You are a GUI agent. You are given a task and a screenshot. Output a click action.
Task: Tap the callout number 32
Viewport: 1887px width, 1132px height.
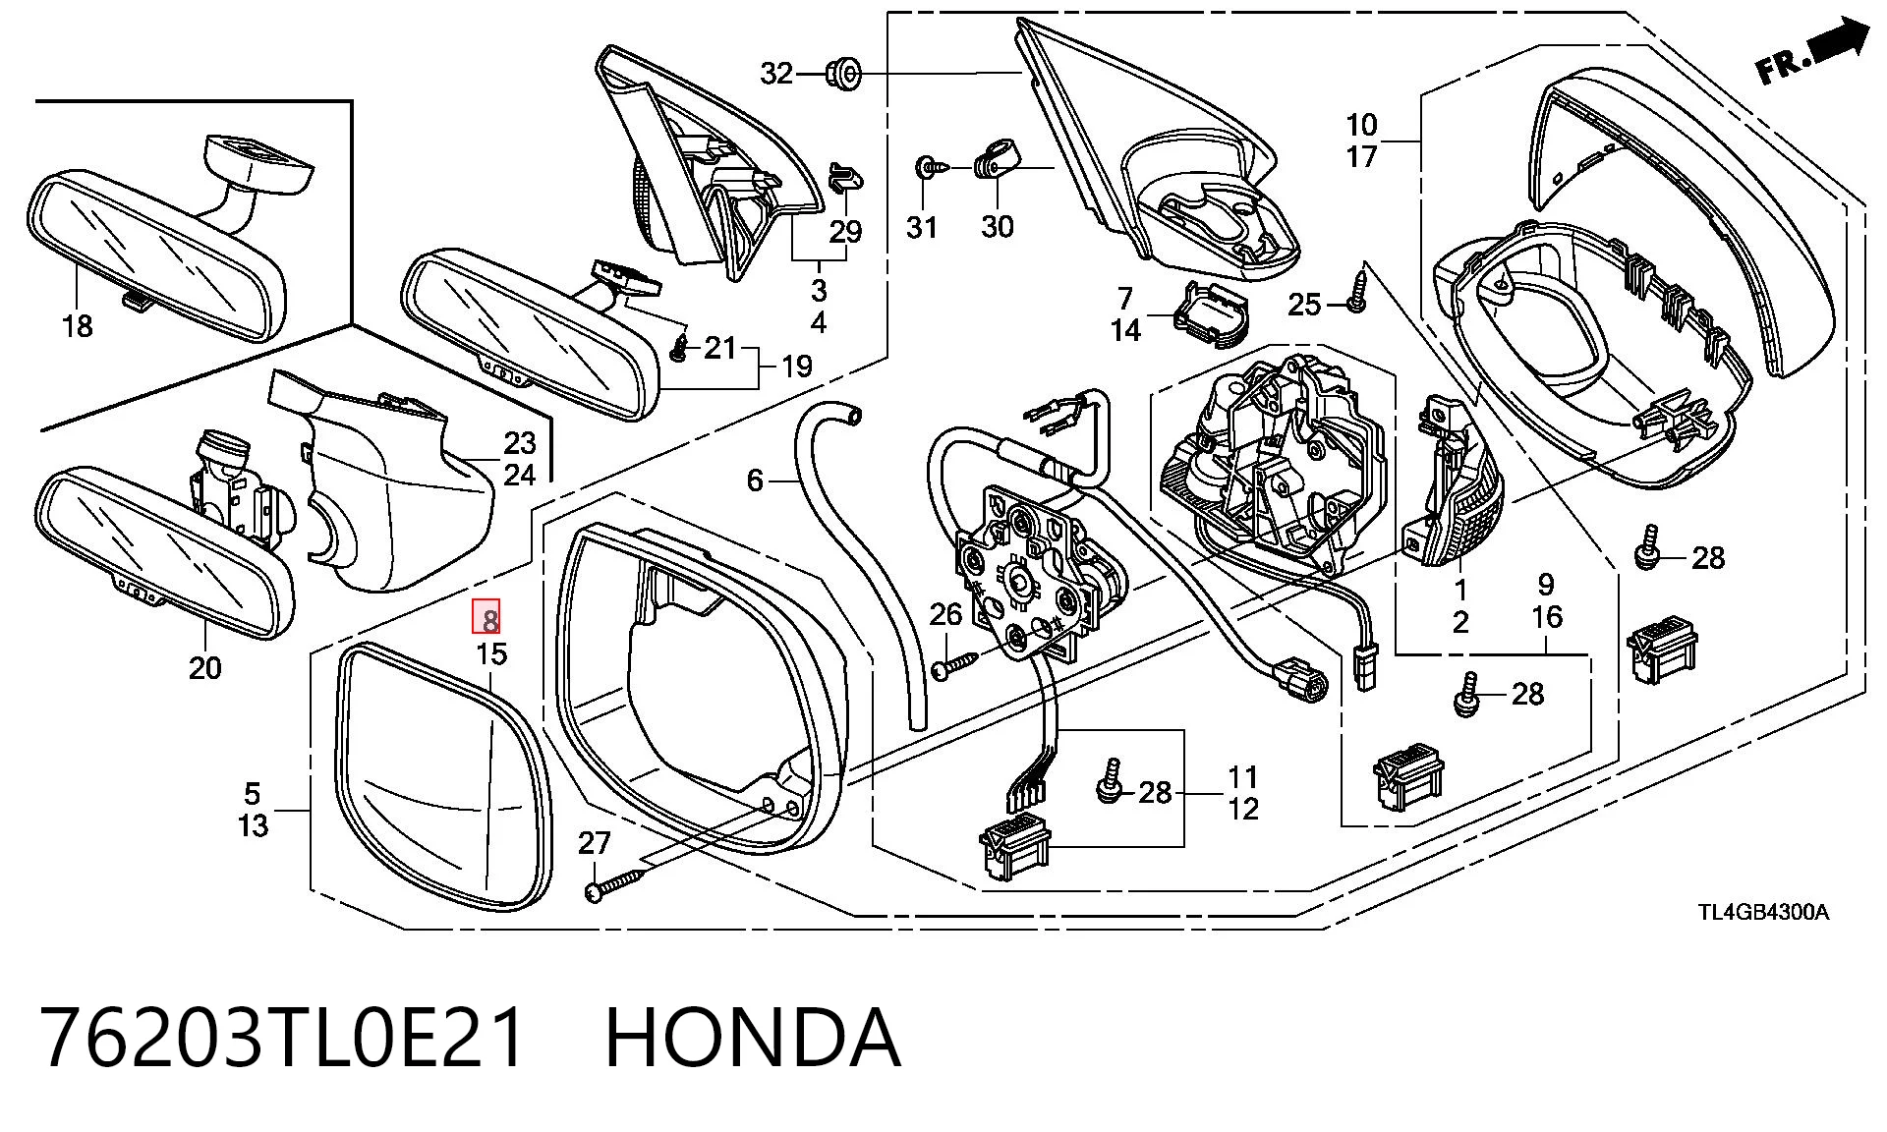coord(776,74)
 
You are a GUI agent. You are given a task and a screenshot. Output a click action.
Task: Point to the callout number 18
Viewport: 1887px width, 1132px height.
coord(77,325)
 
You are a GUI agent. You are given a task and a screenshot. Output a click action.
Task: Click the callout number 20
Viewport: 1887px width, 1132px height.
coord(204,668)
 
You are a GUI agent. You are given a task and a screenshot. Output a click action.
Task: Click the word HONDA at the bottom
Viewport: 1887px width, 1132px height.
coord(752,1038)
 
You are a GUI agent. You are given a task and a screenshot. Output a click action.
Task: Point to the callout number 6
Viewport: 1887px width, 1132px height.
coord(755,480)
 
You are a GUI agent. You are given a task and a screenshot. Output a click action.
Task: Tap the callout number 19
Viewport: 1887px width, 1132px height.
coord(797,367)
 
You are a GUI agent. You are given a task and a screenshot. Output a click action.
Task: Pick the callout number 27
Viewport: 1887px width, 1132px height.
coord(595,842)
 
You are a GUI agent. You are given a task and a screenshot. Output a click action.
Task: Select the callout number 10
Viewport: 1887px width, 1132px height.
coord(1361,125)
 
